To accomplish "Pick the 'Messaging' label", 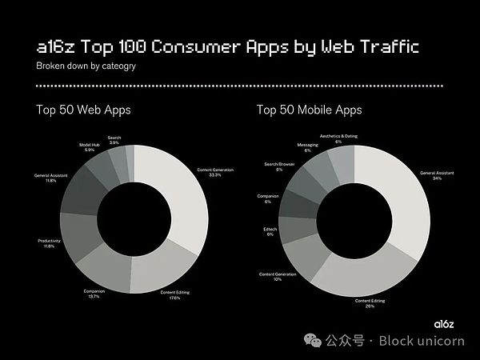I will tap(308, 147).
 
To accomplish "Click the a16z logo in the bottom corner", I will tap(443, 322).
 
